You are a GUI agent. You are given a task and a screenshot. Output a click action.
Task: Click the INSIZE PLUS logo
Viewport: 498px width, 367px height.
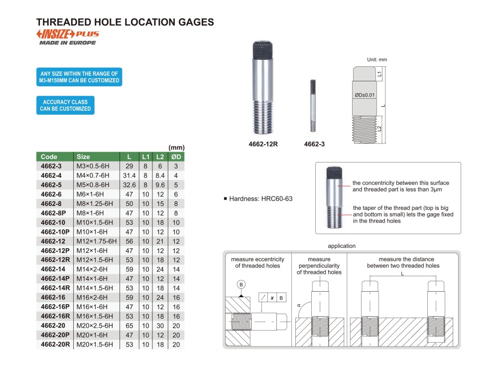tap(67, 34)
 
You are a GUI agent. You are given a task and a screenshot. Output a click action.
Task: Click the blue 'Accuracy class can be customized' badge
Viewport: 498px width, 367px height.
tap(65, 105)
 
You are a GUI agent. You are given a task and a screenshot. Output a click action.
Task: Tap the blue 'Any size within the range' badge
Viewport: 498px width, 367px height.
tap(79, 77)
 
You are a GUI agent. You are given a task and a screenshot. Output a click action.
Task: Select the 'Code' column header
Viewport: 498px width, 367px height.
tap(49, 157)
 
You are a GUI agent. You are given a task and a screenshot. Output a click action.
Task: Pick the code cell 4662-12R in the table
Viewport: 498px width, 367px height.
tap(55, 260)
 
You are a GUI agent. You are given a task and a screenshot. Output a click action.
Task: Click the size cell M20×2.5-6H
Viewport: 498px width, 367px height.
tap(95, 326)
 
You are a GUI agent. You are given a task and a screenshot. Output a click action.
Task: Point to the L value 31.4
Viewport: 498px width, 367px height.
tap(129, 175)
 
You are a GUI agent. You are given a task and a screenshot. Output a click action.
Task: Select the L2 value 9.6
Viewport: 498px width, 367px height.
tap(159, 184)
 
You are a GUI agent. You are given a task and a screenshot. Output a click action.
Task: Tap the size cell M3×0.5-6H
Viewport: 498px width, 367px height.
tap(93, 166)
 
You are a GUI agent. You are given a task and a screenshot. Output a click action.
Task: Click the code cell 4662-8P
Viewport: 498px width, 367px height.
tap(53, 213)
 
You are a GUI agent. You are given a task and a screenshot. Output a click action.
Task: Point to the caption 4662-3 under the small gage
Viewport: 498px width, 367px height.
tap(314, 145)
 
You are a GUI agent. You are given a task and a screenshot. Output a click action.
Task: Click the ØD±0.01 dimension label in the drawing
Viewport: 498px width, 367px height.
tap(365, 95)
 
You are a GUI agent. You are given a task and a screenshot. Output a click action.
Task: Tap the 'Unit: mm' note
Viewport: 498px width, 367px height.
tap(377, 60)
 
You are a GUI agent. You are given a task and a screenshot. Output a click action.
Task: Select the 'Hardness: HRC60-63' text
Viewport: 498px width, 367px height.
tap(260, 198)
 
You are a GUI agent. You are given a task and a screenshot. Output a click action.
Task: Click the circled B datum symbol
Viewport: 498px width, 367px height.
tap(242, 285)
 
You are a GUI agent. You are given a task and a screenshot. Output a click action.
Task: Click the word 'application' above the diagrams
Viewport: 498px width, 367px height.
tap(342, 246)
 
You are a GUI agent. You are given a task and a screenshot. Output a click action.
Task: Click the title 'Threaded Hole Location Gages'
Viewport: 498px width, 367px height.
tap(125, 22)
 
